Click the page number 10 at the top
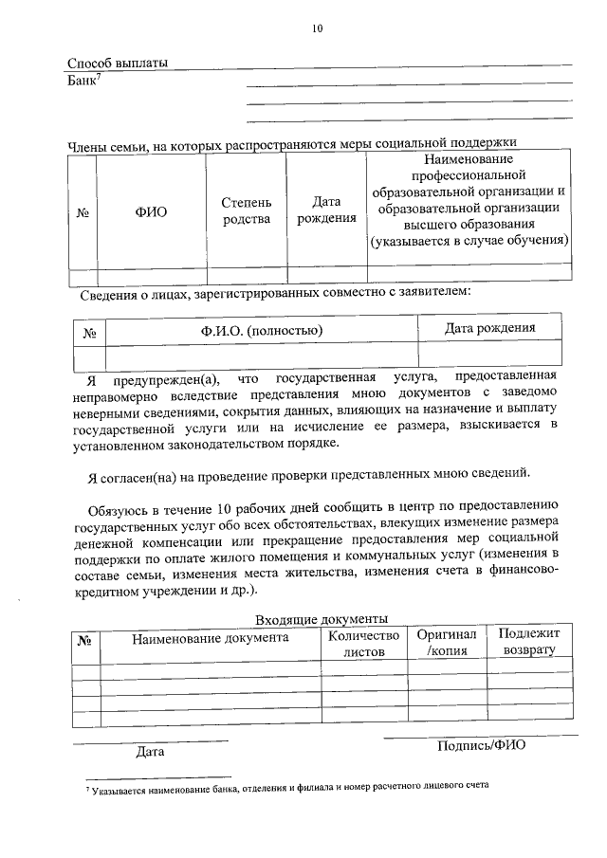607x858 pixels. coord(318,28)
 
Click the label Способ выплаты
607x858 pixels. coord(118,64)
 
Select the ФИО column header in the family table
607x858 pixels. coord(151,211)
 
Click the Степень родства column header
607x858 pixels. coord(247,210)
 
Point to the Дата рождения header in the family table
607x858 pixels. coord(326,210)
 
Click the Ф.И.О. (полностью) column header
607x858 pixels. coord(261,330)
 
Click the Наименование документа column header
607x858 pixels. coord(210,638)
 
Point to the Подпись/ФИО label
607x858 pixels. coord(481,744)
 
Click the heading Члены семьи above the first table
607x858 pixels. coord(110,144)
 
